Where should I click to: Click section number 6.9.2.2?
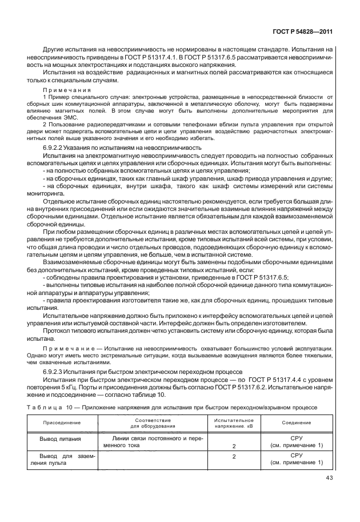point(55,148)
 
